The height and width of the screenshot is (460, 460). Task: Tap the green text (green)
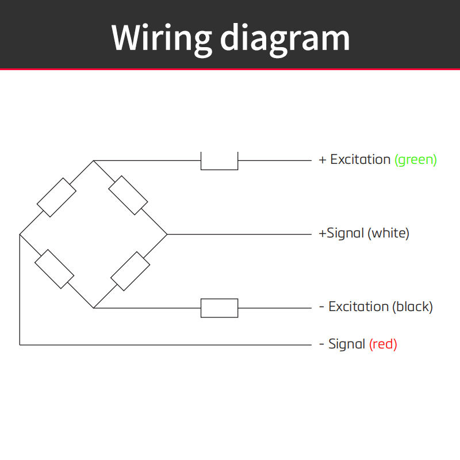(416, 160)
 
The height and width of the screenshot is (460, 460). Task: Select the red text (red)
(383, 344)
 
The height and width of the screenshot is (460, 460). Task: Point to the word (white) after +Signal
(388, 233)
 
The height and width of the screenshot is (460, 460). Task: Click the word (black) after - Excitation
(412, 307)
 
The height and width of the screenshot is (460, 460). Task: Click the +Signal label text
(342, 233)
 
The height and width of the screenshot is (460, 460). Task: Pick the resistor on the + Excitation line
(220, 161)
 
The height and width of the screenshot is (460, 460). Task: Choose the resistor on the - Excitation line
(220, 308)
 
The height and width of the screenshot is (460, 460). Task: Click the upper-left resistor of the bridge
(56, 197)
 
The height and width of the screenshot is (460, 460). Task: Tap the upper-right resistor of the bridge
(128, 195)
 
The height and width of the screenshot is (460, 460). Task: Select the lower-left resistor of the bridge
(54, 269)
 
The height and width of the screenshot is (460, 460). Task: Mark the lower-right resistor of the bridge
(131, 271)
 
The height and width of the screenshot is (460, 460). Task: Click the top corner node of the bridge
(93, 161)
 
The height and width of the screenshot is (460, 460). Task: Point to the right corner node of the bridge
(167, 235)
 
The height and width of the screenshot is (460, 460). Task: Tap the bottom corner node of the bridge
(93, 308)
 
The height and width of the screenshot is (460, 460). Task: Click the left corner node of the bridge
(20, 235)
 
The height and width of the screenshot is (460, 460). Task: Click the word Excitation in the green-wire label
(361, 160)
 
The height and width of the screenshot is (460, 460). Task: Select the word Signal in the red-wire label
(347, 344)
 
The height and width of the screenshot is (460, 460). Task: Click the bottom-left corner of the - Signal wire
(20, 345)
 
